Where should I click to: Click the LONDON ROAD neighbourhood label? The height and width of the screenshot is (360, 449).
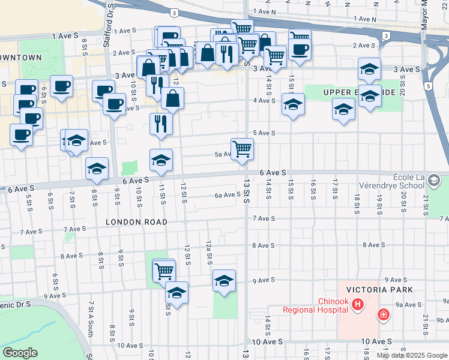(136, 221)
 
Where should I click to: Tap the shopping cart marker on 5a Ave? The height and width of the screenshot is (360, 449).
(242, 149)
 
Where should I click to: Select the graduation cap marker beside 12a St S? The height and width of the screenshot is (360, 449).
(224, 281)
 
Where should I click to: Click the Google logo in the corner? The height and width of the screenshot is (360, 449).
(19, 353)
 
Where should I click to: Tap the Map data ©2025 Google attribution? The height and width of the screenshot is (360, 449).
(412, 355)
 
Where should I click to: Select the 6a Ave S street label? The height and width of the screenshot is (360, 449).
(228, 194)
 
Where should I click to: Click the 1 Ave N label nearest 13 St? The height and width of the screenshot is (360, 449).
(265, 11)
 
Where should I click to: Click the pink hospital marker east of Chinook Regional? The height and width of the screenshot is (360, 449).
(382, 314)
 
